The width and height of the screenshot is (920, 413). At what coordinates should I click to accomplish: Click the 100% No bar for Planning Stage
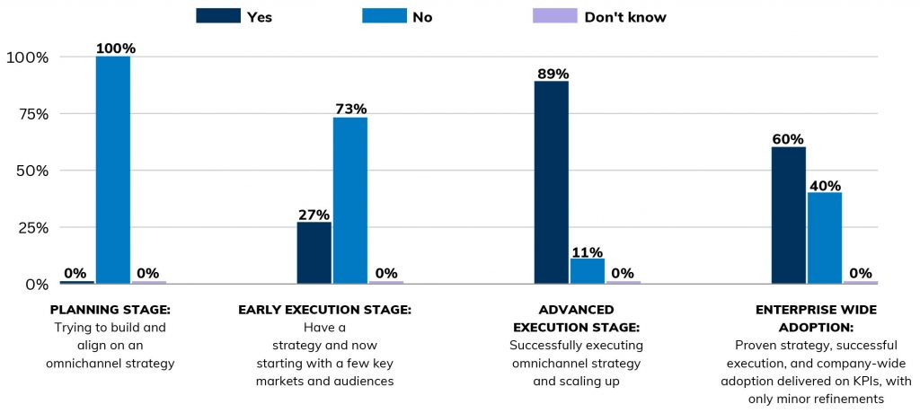click(113, 170)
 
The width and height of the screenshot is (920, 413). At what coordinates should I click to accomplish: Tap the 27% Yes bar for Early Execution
click(314, 252)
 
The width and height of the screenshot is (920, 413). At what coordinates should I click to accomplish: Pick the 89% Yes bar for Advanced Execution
click(551, 182)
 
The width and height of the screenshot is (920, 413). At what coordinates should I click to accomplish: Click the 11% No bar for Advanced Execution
click(587, 271)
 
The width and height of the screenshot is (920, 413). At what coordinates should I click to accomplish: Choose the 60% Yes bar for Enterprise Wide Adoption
click(788, 215)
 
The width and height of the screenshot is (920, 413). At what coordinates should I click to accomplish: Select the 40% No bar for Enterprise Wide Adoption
click(824, 238)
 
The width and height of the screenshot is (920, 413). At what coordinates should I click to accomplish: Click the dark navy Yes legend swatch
click(218, 16)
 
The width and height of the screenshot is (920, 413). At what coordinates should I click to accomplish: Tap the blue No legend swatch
click(386, 16)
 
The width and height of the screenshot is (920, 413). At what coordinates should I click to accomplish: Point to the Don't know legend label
click(625, 17)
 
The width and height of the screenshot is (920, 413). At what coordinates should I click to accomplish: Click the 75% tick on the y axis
click(30, 113)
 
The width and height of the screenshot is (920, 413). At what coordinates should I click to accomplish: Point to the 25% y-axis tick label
click(30, 227)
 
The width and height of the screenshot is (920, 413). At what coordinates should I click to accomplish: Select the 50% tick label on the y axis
click(30, 171)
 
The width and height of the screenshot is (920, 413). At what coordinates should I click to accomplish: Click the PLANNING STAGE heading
click(111, 310)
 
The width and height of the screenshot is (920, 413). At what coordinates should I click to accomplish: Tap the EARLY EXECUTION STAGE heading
click(324, 310)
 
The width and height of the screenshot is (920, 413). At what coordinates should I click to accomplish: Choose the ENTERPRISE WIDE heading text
click(816, 310)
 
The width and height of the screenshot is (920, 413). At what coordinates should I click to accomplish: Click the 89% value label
click(551, 72)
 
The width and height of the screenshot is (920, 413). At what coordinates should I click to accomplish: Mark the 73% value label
click(350, 109)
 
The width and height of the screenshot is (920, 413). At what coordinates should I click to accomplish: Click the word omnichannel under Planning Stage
click(86, 363)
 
